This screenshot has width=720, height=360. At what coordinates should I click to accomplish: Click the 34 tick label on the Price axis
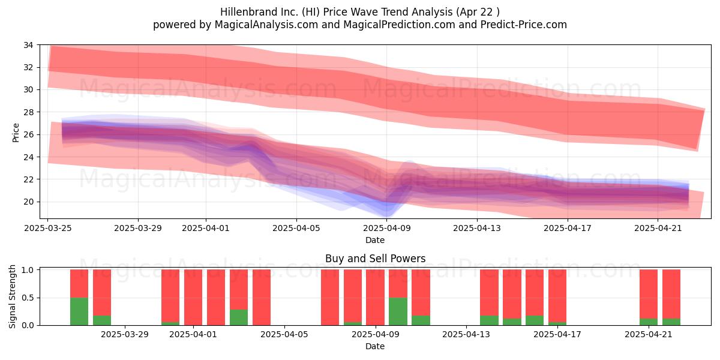click(x=28, y=45)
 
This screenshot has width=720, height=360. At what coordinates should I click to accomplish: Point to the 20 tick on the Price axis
click(x=28, y=202)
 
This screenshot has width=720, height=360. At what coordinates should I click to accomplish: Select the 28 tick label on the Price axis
click(x=28, y=112)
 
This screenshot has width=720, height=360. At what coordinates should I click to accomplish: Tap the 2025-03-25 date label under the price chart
click(x=48, y=228)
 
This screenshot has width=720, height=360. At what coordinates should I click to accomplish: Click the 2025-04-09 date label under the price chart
click(x=386, y=228)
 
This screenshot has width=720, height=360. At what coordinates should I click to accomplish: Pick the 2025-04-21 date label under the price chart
click(x=658, y=228)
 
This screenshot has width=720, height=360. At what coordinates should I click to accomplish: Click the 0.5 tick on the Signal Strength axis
click(x=28, y=298)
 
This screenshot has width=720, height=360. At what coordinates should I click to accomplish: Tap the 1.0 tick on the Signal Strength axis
click(x=28, y=270)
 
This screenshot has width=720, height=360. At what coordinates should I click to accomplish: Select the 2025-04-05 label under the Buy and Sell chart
click(x=284, y=334)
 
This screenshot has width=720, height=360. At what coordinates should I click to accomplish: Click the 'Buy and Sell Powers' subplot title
click(x=375, y=259)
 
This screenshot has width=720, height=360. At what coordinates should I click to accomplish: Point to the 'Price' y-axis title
click(x=16, y=133)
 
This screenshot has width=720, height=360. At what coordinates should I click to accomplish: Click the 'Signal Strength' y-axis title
click(x=12, y=296)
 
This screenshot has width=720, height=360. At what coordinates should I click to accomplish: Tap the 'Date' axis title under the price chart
click(x=375, y=240)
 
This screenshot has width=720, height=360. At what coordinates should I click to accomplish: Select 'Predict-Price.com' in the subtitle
click(x=524, y=25)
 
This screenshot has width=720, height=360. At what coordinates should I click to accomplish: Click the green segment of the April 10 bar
click(x=398, y=311)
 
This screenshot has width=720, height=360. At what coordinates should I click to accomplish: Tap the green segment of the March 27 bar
click(x=79, y=311)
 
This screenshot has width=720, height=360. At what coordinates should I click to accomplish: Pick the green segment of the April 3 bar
click(x=239, y=317)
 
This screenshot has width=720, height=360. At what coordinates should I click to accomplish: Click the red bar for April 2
click(x=216, y=298)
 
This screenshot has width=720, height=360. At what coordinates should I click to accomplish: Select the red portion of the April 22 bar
click(x=671, y=294)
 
